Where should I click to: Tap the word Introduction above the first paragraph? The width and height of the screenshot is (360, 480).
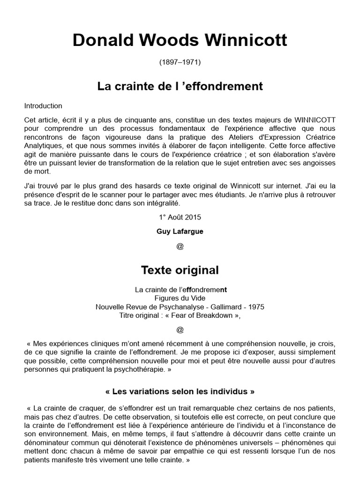coord(43,106)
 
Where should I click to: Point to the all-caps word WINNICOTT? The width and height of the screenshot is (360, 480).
coord(315,120)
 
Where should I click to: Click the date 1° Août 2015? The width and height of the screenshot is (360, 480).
coord(180,217)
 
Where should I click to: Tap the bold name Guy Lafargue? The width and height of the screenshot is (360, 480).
coord(180,232)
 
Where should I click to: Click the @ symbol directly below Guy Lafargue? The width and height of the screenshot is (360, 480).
coord(180,247)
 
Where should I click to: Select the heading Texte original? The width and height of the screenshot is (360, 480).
coord(180,270)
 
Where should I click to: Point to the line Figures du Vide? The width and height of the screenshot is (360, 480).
coord(180,299)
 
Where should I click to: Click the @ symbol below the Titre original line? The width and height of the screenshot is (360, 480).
coord(180,330)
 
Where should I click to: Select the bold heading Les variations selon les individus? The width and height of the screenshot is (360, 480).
coord(180,391)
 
